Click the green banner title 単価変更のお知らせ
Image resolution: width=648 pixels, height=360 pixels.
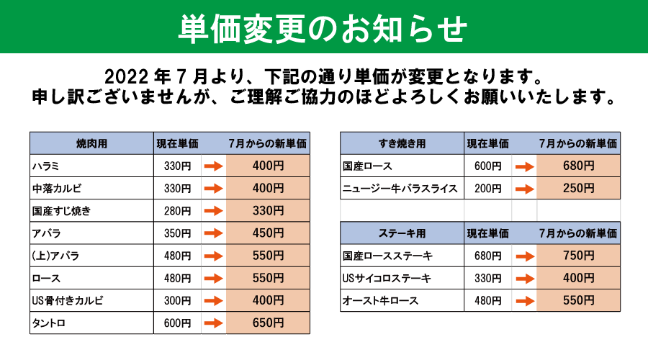click(x=323, y=28)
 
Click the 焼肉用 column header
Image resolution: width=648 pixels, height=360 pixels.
click(x=91, y=143)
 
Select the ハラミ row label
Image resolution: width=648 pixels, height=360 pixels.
click(x=46, y=166)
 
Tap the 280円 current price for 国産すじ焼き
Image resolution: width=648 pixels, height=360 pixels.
click(x=177, y=211)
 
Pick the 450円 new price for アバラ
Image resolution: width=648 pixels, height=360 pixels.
click(x=269, y=233)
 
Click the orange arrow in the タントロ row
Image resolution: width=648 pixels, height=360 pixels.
click(x=214, y=323)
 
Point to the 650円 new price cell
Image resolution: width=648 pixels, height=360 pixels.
click(x=269, y=323)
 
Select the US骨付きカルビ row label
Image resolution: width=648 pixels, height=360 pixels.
click(x=68, y=300)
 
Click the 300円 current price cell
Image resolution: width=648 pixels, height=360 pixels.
click(x=177, y=300)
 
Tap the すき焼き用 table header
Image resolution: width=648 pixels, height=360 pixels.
click(x=402, y=143)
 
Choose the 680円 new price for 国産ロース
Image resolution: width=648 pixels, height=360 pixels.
click(x=579, y=166)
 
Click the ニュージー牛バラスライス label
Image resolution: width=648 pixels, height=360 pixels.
click(x=400, y=189)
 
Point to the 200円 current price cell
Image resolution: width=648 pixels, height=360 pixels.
click(x=487, y=189)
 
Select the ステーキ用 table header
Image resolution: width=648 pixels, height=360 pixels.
click(x=402, y=233)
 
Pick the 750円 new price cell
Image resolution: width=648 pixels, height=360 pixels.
click(x=579, y=256)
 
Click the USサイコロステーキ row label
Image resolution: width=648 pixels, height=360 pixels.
click(x=387, y=278)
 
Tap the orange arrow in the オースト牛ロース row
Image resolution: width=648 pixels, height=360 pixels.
click(x=525, y=301)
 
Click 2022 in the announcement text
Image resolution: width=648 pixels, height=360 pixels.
click(x=126, y=77)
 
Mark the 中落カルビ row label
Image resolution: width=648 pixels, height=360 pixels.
click(x=57, y=189)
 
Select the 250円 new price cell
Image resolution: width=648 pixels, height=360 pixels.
click(x=579, y=188)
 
